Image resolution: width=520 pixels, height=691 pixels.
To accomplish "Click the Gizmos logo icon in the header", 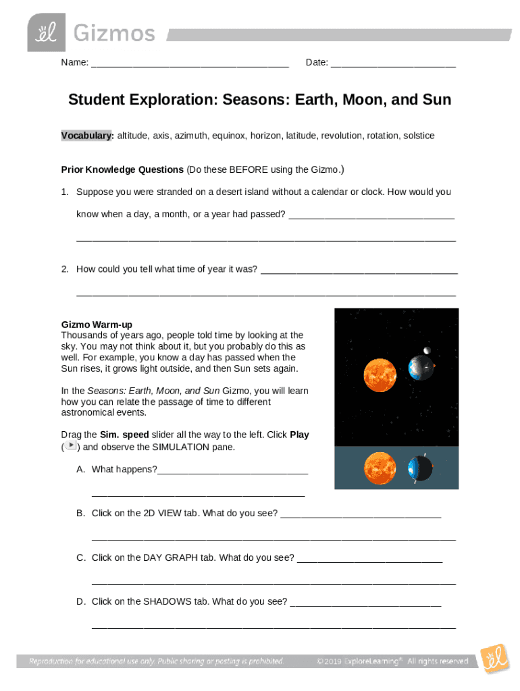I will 47,32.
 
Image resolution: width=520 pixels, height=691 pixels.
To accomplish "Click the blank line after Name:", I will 190,65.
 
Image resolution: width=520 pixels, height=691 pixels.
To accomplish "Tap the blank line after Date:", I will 393,65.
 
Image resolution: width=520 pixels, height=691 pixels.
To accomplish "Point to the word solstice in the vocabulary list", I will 419,136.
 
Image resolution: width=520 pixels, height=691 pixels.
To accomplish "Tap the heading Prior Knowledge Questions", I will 122,169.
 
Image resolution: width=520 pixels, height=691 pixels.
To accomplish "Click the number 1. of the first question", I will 65,192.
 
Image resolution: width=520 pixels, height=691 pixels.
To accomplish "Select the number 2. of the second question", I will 65,269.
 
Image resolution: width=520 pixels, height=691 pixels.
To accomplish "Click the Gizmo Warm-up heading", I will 97,325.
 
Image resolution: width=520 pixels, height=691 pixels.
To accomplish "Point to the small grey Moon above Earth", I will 425,350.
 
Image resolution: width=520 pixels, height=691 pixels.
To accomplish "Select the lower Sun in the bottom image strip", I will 379,468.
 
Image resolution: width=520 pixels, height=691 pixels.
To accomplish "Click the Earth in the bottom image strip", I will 419,468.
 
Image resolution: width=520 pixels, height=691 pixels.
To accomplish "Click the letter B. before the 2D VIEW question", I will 80,514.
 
